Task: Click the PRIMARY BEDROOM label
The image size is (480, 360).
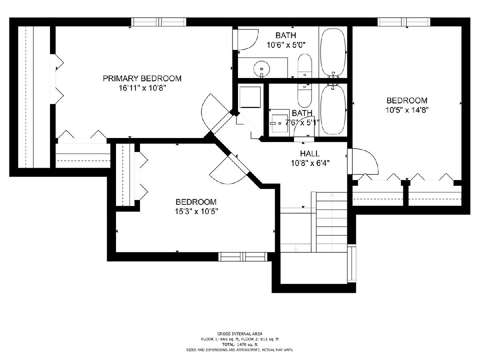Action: coord(142,78)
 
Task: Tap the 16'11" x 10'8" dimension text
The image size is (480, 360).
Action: coord(142,88)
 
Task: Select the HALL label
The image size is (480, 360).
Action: coord(310,154)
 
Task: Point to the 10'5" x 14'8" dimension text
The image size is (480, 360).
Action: coord(407,110)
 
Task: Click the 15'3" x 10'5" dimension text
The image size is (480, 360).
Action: coord(196,211)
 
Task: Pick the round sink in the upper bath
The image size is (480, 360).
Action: coord(262,69)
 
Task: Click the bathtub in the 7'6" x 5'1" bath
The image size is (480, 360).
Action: coord(333,110)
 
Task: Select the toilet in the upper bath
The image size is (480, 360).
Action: coord(305,66)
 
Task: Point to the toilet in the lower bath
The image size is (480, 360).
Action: coord(304,96)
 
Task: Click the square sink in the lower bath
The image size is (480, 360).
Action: coord(280,124)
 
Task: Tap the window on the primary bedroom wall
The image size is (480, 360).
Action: coord(159,22)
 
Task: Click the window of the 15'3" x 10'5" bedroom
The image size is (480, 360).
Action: coord(243,257)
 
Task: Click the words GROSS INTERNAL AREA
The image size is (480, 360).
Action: coord(240,334)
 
